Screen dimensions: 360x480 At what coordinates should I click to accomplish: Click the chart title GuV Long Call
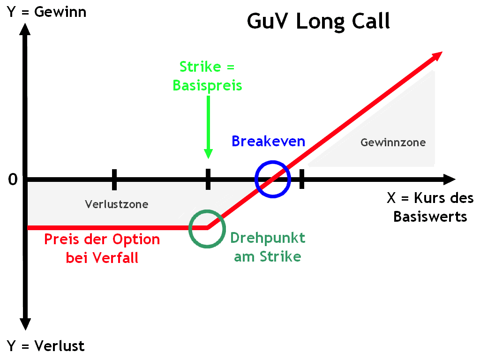tap(318, 21)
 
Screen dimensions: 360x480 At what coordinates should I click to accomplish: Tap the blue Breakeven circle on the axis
tap(273, 179)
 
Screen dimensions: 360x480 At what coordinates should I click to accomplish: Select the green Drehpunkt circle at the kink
tap(207, 228)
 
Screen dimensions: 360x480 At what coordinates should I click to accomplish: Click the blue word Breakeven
tap(268, 141)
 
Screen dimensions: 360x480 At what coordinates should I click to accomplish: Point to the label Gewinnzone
tap(393, 142)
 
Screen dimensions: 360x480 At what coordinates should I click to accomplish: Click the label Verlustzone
tap(117, 204)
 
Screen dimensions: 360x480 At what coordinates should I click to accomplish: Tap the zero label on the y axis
tap(13, 180)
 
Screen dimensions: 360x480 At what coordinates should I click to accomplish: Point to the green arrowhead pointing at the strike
tap(208, 153)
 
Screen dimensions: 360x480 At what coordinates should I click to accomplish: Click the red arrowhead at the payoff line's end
tap(436, 56)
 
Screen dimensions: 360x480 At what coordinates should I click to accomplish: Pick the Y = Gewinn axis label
tap(47, 12)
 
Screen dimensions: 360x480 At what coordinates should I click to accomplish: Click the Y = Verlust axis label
tap(46, 346)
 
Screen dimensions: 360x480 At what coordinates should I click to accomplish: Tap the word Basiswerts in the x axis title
tap(430, 217)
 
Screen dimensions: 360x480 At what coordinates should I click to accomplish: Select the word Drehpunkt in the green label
tap(268, 238)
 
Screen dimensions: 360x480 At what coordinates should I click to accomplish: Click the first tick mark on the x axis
tap(114, 179)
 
